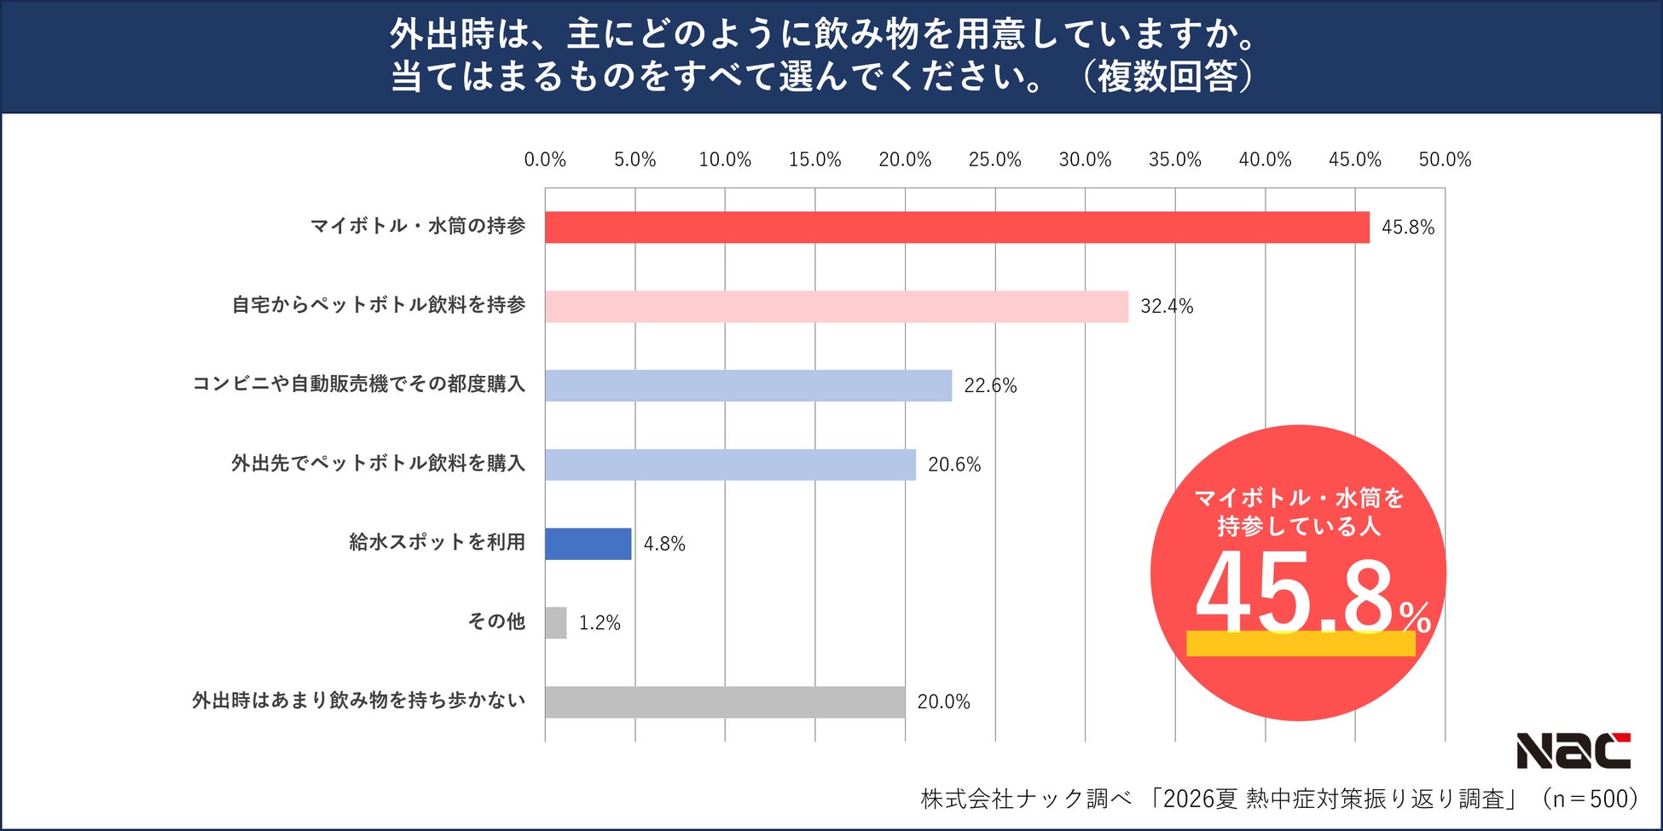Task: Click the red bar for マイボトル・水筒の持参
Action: [x=957, y=228]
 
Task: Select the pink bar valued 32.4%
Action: [x=837, y=307]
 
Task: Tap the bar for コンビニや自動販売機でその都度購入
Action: [x=749, y=385]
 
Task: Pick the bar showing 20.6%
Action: [x=731, y=465]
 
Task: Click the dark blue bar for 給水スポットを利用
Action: [x=588, y=544]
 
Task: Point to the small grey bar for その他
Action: [x=556, y=623]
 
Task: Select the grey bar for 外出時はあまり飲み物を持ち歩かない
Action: [x=725, y=702]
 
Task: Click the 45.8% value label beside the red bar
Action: [x=1408, y=228]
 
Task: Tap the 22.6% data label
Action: [x=990, y=386]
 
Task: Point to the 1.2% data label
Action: [x=600, y=623]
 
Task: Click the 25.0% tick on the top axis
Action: [x=994, y=159]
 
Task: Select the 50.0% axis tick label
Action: [x=1445, y=159]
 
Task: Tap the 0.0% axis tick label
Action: [x=545, y=159]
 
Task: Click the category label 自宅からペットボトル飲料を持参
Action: [x=379, y=305]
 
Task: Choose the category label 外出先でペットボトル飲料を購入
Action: [x=379, y=464]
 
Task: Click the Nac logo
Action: [x=1573, y=751]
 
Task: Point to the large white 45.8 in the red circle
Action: [x=1295, y=592]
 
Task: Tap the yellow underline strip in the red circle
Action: [x=1301, y=644]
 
